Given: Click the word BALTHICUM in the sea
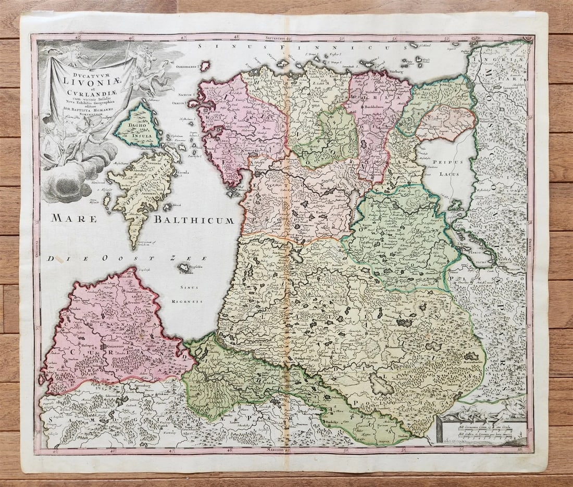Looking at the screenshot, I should [x=193, y=220].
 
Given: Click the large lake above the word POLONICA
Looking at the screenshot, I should [x=381, y=385].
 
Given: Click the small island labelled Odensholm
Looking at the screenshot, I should [x=204, y=66].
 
